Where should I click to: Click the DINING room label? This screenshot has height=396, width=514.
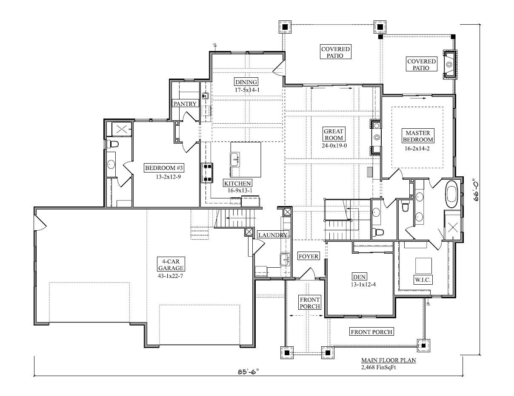(246, 82)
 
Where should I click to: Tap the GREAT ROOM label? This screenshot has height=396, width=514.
(334, 134)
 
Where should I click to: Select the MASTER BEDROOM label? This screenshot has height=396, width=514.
(418, 136)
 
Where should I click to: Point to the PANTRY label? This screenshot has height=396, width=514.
(185, 104)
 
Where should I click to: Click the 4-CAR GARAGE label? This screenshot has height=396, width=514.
(171, 264)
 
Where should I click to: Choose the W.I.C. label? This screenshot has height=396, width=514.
(423, 280)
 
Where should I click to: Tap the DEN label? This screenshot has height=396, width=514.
(359, 277)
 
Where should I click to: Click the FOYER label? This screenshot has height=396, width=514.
(308, 256)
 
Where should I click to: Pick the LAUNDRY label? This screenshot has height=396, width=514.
(273, 235)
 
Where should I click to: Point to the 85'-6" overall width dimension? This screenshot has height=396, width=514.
(248, 372)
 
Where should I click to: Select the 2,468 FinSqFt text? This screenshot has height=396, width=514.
(378, 367)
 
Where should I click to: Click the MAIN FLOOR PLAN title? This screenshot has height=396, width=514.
(388, 360)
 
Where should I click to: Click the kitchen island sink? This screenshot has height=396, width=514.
(234, 159)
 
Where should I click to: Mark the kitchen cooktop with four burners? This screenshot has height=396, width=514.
(207, 173)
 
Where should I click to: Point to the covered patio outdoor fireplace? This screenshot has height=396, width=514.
(450, 65)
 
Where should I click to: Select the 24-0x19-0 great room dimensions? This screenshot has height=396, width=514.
(334, 145)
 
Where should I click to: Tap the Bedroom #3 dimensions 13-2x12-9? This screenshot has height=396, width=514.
(168, 177)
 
